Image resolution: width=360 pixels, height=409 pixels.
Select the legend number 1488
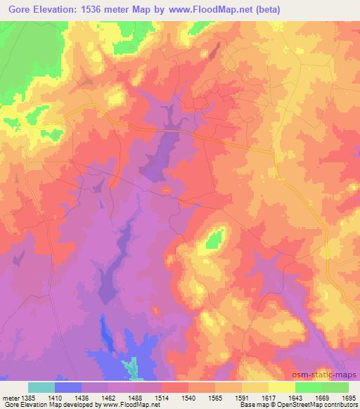pyautogui.click(x=136, y=398)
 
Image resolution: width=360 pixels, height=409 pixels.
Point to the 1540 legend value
pyautogui.click(x=188, y=398)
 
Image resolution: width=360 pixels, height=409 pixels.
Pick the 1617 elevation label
pyautogui.click(x=269, y=398)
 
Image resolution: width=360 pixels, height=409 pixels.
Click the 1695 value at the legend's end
pyautogui.click(x=347, y=398)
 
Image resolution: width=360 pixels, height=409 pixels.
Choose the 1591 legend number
pyautogui.click(x=242, y=398)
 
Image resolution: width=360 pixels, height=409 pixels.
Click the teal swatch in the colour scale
pyautogui.click(x=41, y=387)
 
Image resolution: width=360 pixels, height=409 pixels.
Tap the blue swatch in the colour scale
pyautogui.click(x=68, y=387)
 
